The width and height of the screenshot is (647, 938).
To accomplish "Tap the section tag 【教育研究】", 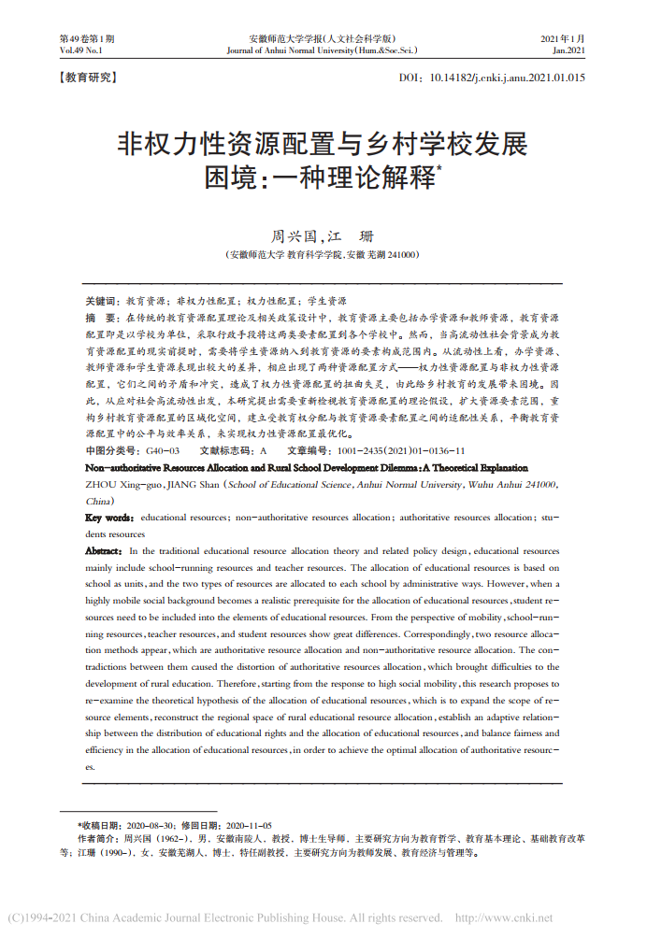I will (x=87, y=78).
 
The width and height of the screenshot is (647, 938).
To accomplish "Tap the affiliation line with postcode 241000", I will (x=323, y=254).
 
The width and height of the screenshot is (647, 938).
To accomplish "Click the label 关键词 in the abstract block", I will (x=102, y=302).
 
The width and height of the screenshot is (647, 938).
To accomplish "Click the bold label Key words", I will (x=110, y=517).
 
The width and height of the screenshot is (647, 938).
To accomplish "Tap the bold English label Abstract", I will (x=104, y=551).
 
